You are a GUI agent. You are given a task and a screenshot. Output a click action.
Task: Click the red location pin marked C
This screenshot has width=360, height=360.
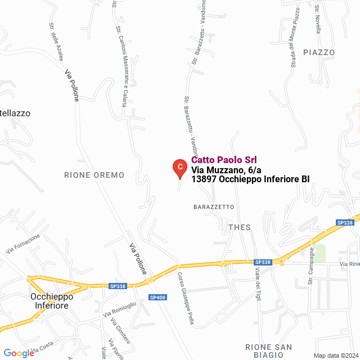pos(179,167)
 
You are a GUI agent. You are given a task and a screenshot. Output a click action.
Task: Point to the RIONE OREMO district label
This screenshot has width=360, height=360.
pos(94,175)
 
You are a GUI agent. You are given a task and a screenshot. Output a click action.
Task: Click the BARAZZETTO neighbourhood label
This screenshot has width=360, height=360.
pos(213,207)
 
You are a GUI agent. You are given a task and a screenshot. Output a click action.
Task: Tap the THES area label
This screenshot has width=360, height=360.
pos(240,227)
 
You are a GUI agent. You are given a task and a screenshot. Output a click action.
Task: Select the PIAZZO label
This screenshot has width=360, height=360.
pos(319,52)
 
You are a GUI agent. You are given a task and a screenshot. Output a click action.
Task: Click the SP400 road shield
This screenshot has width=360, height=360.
pos(157,297)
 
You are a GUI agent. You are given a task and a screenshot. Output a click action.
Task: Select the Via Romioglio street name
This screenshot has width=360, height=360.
pos(119,312)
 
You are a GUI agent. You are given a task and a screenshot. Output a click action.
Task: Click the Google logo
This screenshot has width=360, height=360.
pos(19,353)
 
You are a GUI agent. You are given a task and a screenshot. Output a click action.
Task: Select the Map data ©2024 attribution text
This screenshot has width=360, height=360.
pos(336,355)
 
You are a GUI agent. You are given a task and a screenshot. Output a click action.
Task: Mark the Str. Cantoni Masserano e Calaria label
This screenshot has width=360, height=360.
pos(120,66)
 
